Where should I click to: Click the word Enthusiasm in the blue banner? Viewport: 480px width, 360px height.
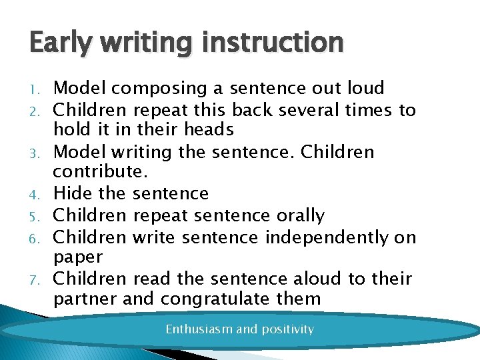[x=198, y=329]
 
